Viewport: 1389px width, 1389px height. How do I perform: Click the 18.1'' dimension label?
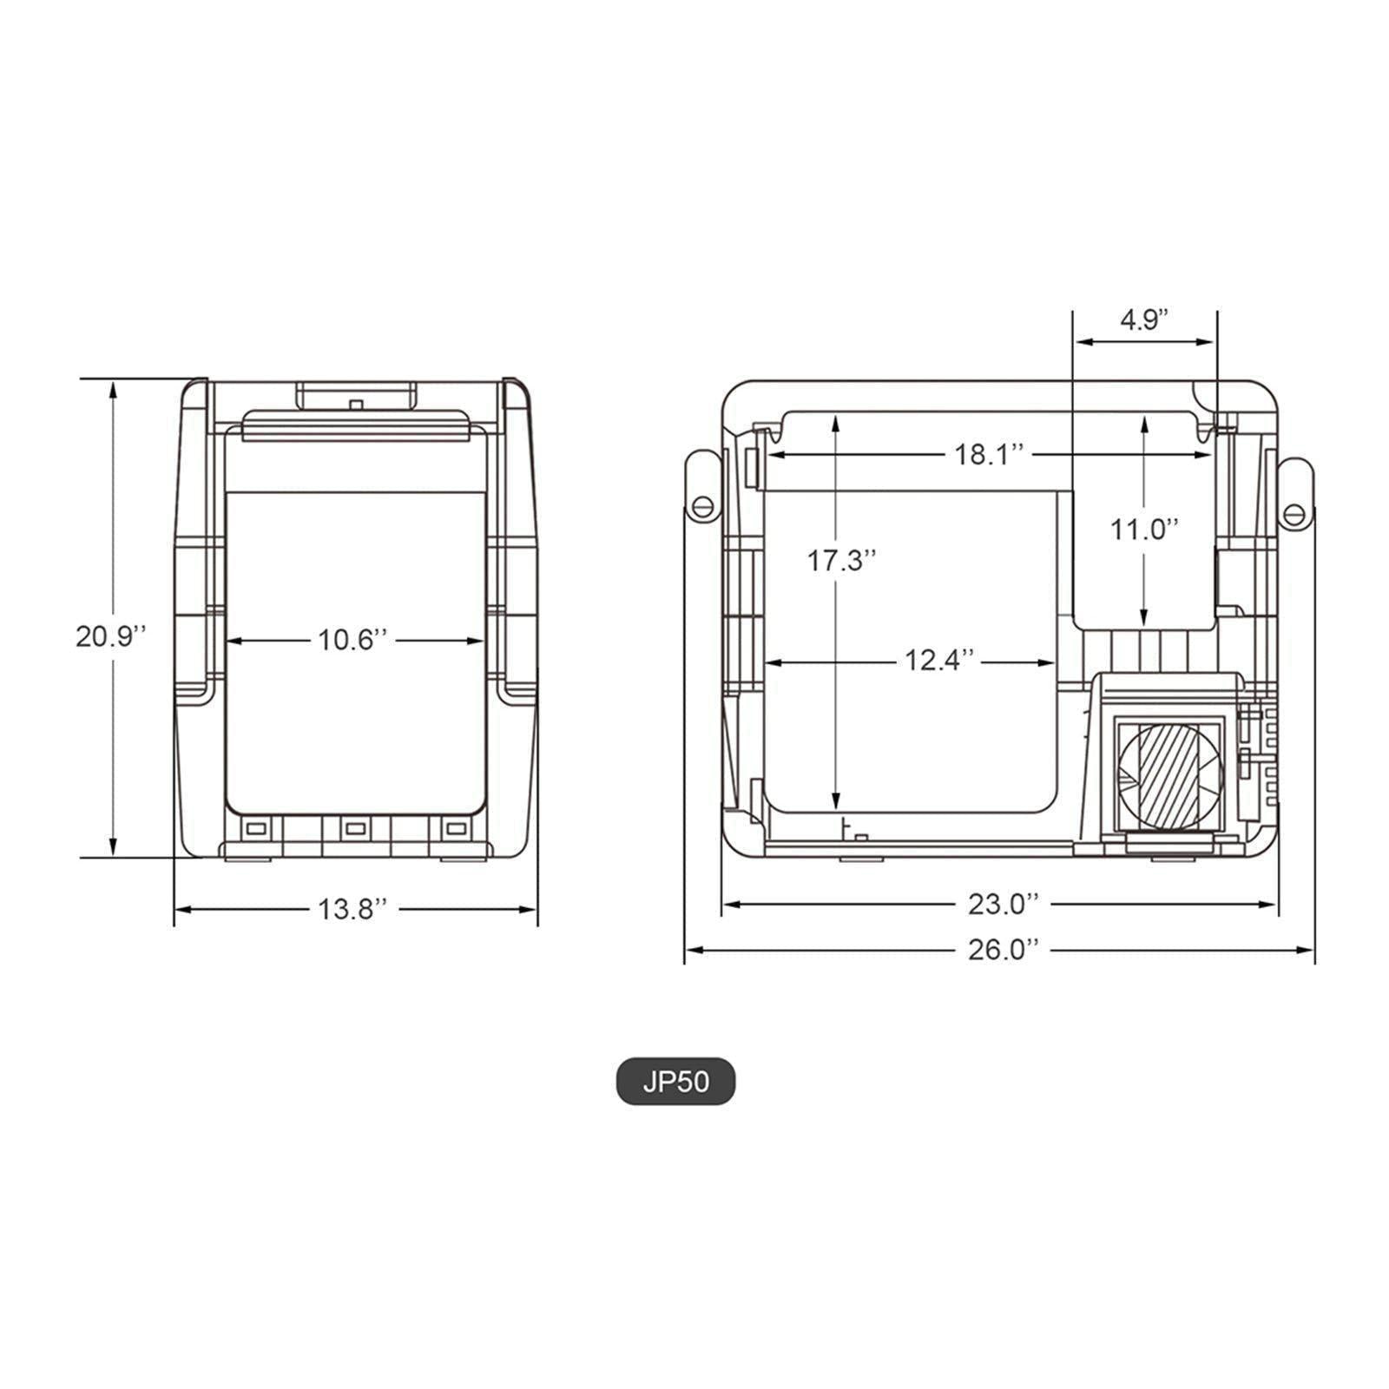990,454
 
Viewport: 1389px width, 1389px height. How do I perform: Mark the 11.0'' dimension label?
1145,529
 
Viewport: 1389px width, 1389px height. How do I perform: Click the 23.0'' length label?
1003,904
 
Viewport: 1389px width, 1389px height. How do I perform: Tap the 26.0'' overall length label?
1003,950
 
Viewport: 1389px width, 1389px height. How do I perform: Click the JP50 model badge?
675,1083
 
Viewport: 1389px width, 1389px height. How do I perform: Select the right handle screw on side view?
1294,513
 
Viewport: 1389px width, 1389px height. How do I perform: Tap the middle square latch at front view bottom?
354,829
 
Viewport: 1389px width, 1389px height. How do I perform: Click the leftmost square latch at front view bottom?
255,829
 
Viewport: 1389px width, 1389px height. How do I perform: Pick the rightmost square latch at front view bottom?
454,829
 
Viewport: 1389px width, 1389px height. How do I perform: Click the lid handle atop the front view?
356,397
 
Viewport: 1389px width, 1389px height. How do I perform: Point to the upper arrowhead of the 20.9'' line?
113,388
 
